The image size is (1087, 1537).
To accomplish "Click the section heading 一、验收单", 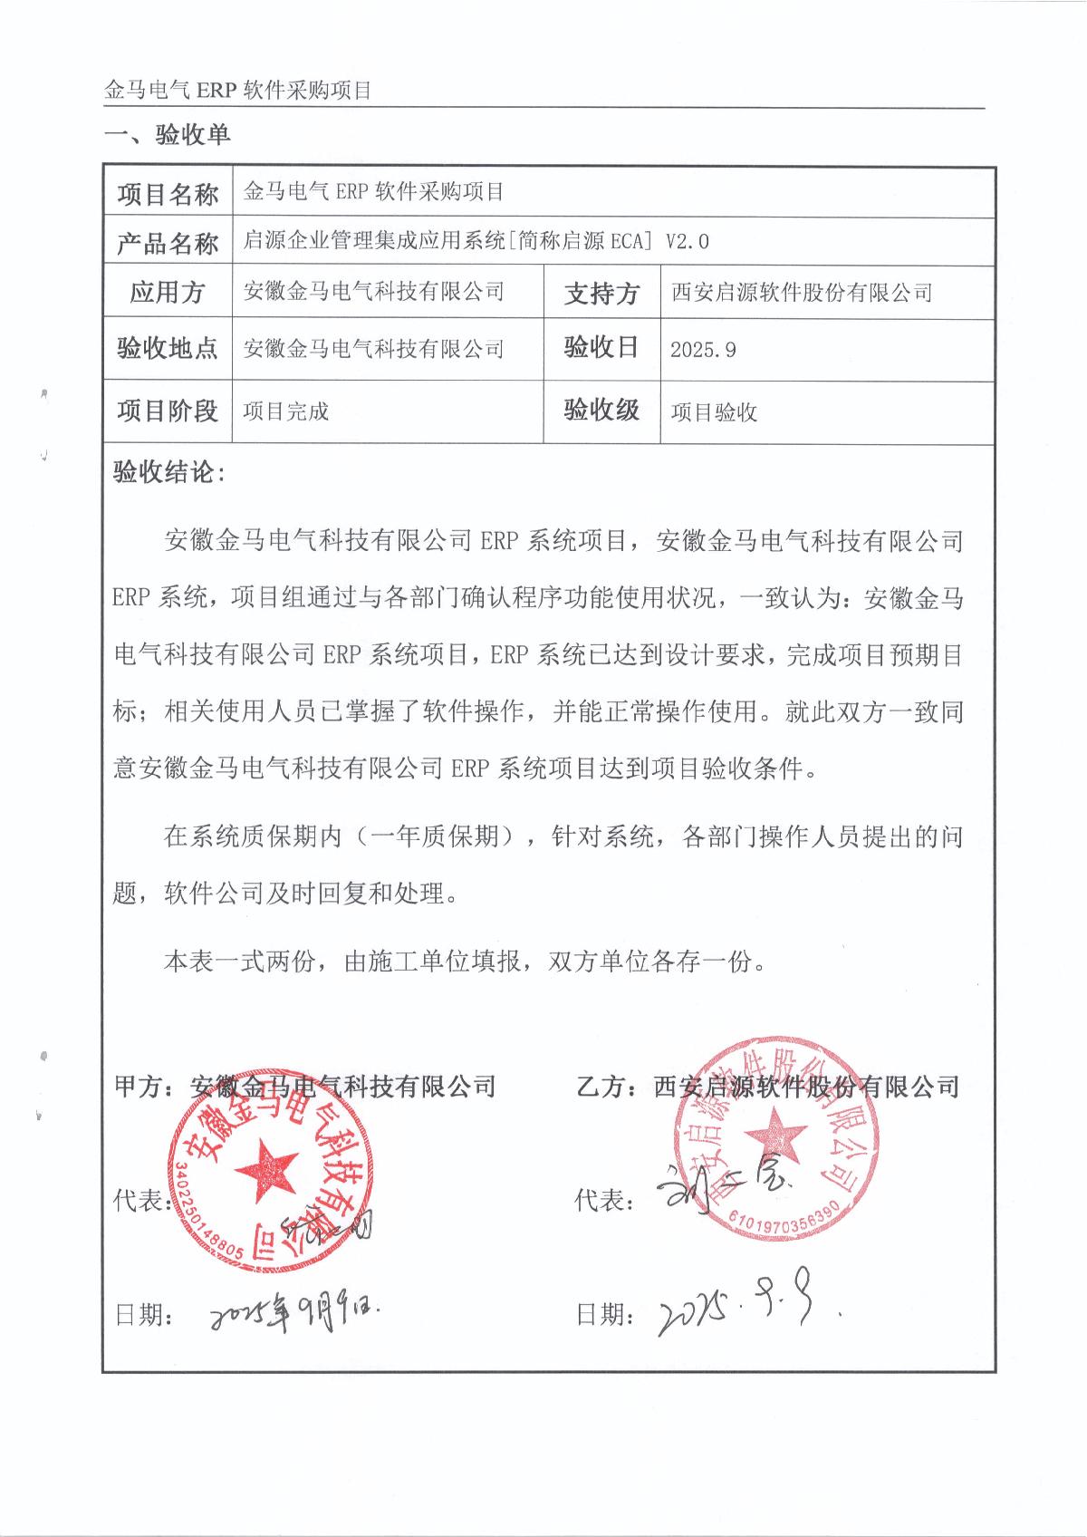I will click(168, 136).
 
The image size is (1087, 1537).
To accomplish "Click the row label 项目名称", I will click(168, 194).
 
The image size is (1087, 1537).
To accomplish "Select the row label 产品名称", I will click(168, 243).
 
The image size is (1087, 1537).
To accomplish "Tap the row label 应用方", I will click(168, 292).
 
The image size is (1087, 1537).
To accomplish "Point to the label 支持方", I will click(601, 293).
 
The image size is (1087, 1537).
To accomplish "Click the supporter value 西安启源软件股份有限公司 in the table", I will click(802, 293).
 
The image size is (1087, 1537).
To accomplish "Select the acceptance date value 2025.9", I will click(703, 350).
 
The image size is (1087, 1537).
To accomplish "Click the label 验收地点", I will click(168, 348).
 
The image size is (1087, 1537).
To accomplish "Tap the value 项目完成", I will click(285, 411).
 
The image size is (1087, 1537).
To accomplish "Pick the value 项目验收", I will click(714, 413).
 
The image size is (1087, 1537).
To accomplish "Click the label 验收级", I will click(601, 411).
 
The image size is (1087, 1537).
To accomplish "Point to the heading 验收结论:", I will click(168, 472).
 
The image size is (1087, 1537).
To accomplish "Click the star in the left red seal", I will click(265, 1168).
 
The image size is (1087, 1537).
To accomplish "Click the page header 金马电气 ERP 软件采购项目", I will click(238, 92).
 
